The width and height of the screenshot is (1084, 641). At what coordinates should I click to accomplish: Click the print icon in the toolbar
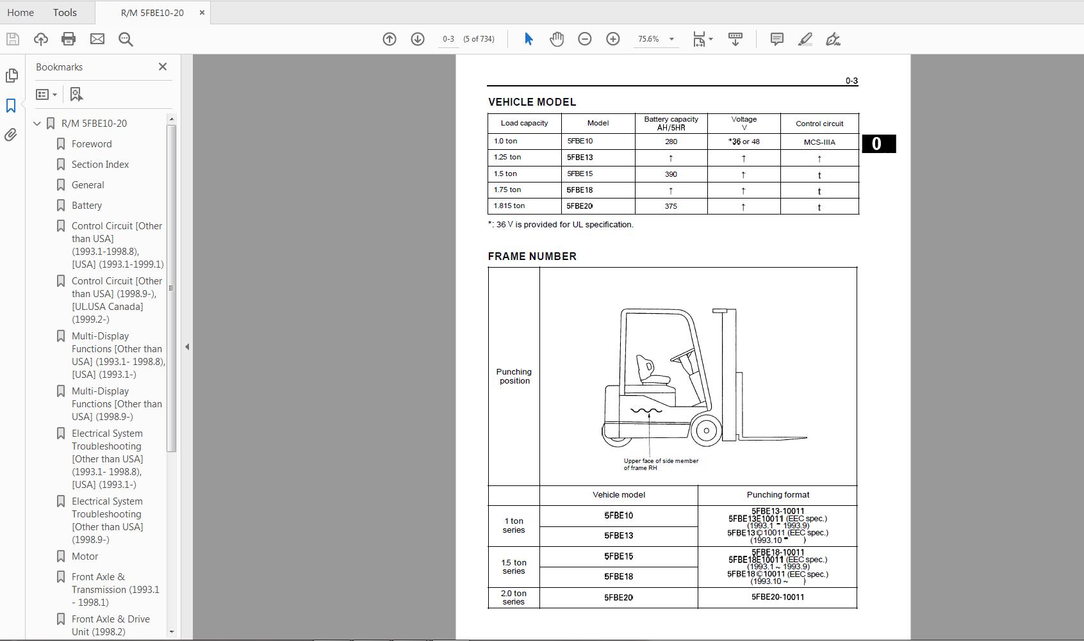(69, 39)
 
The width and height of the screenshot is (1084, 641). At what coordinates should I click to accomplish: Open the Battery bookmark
(86, 206)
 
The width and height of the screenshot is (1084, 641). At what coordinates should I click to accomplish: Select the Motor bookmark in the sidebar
(85, 556)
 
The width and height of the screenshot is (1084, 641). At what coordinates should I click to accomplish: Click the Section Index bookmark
(100, 165)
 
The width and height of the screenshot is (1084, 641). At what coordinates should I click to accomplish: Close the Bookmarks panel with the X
(163, 67)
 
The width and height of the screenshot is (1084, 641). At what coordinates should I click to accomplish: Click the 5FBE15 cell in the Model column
(580, 174)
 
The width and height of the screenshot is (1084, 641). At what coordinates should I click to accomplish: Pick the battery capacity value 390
(671, 174)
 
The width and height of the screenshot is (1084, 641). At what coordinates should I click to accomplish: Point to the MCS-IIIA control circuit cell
(819, 142)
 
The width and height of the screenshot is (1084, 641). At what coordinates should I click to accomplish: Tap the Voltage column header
(744, 123)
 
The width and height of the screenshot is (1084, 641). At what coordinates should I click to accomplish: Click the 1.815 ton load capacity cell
(509, 206)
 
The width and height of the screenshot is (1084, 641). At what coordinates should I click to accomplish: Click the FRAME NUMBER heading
(532, 256)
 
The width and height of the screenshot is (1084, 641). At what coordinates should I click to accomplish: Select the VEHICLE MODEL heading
(532, 102)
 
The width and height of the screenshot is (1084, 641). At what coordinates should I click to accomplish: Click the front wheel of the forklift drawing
(706, 430)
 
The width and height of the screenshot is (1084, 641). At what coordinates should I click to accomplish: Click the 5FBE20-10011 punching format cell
(777, 597)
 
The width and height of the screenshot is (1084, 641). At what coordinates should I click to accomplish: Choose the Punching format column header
(778, 495)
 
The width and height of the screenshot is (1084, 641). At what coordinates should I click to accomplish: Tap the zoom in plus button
(613, 39)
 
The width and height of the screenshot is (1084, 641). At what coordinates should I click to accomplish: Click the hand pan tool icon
(557, 39)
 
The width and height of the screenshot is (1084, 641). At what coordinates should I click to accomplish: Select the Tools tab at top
(65, 12)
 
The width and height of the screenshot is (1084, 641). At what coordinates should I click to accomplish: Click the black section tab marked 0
(878, 143)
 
